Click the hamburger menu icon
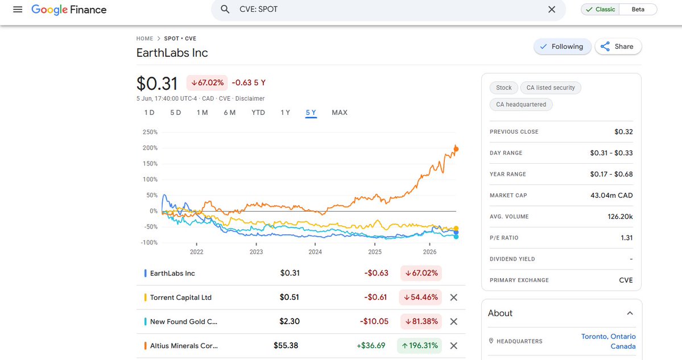click(18, 10)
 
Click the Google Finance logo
click(69, 10)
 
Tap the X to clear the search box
click(552, 10)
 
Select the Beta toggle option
click(638, 9)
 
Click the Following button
click(562, 47)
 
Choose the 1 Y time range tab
click(285, 113)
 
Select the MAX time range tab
click(339, 113)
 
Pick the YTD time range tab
click(258, 113)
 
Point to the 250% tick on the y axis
click(150, 132)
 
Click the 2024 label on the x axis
click(315, 252)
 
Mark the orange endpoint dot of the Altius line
click(456, 149)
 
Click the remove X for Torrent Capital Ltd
click(454, 297)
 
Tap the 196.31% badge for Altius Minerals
click(419, 346)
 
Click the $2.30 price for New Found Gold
click(290, 321)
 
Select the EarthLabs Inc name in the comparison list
click(172, 274)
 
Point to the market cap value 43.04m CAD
click(611, 195)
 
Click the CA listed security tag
click(551, 88)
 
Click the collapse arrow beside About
click(630, 313)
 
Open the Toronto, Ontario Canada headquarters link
click(608, 341)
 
